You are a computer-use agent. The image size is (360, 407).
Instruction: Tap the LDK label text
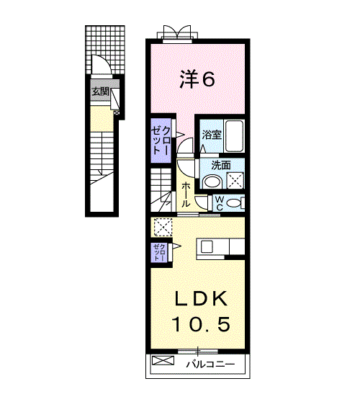[x=200, y=298]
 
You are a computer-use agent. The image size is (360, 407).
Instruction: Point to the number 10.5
[x=200, y=324]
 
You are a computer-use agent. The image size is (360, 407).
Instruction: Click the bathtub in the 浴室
[x=233, y=134]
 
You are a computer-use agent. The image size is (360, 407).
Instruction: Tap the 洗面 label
[x=220, y=165]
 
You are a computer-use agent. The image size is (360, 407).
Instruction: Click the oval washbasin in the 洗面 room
[x=212, y=182]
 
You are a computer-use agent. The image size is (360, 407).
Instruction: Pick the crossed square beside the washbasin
[x=235, y=181]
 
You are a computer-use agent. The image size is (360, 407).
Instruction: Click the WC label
[x=220, y=203]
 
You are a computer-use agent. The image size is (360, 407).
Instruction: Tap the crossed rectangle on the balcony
[x=164, y=360]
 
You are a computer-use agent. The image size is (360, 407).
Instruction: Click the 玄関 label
[x=99, y=92]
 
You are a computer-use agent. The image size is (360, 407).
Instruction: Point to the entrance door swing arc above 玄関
[x=102, y=66]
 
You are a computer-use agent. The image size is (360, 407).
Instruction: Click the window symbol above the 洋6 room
[x=176, y=33]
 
